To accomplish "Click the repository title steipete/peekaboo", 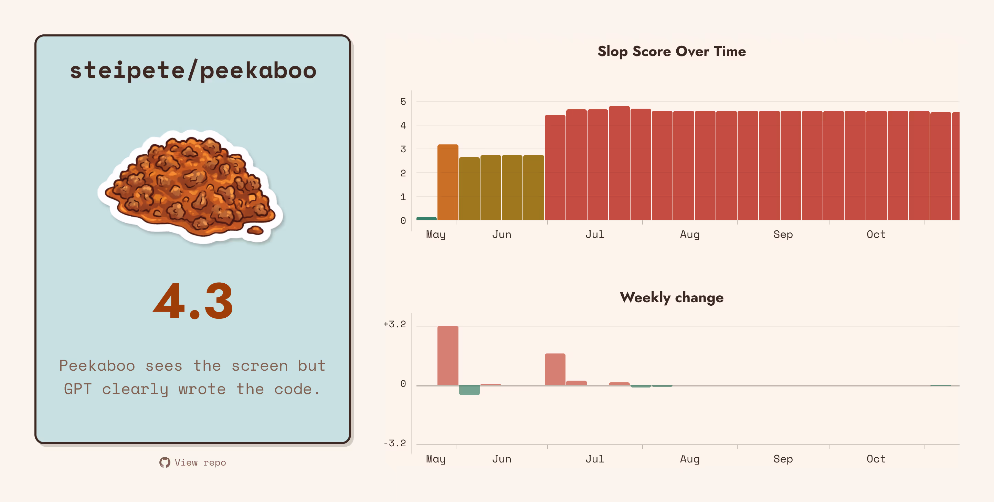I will click(x=193, y=70).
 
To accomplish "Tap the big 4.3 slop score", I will click(x=193, y=301).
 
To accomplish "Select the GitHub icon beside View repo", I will click(x=165, y=462).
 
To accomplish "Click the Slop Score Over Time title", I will click(x=672, y=51).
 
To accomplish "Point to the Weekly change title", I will click(x=672, y=297).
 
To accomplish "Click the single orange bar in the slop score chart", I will click(x=447, y=182).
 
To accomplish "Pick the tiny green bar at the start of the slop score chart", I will click(x=426, y=218).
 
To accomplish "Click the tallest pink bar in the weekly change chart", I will click(x=447, y=356).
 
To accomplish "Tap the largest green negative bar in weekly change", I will click(x=469, y=390).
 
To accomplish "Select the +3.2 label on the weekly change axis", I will click(x=394, y=324).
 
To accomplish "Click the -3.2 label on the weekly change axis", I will click(x=394, y=443).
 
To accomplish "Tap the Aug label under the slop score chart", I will click(x=689, y=234).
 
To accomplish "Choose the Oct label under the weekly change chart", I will click(x=876, y=459).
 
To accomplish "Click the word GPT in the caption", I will click(x=77, y=389).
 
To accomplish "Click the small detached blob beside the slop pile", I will click(x=255, y=231).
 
